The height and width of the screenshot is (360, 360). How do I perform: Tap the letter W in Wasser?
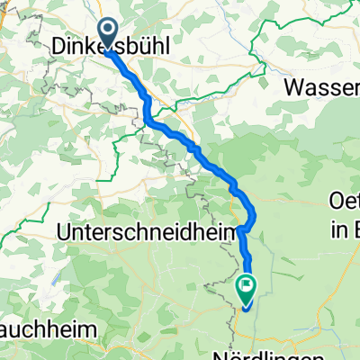[x=293, y=87]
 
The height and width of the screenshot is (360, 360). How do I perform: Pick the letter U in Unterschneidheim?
[x=63, y=231]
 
